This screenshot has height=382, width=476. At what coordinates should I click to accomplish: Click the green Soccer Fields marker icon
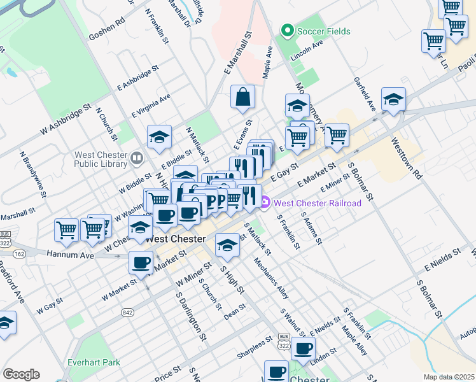click(x=287, y=30)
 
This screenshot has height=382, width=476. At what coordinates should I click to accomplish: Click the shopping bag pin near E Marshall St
click(x=242, y=97)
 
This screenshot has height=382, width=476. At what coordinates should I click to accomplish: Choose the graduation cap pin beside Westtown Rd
click(x=394, y=100)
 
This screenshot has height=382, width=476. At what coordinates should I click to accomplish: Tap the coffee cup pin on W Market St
click(x=141, y=262)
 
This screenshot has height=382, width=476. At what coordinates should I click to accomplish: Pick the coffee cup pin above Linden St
click(x=303, y=348)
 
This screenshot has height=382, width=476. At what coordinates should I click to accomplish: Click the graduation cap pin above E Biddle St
click(x=159, y=136)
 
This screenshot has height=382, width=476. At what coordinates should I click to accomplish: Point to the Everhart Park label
click(x=94, y=362)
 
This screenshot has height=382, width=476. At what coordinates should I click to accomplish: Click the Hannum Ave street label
click(x=70, y=255)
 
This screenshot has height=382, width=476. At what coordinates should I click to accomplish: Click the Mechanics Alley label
click(x=271, y=278)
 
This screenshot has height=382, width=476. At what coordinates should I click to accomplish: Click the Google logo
click(x=21, y=374)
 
